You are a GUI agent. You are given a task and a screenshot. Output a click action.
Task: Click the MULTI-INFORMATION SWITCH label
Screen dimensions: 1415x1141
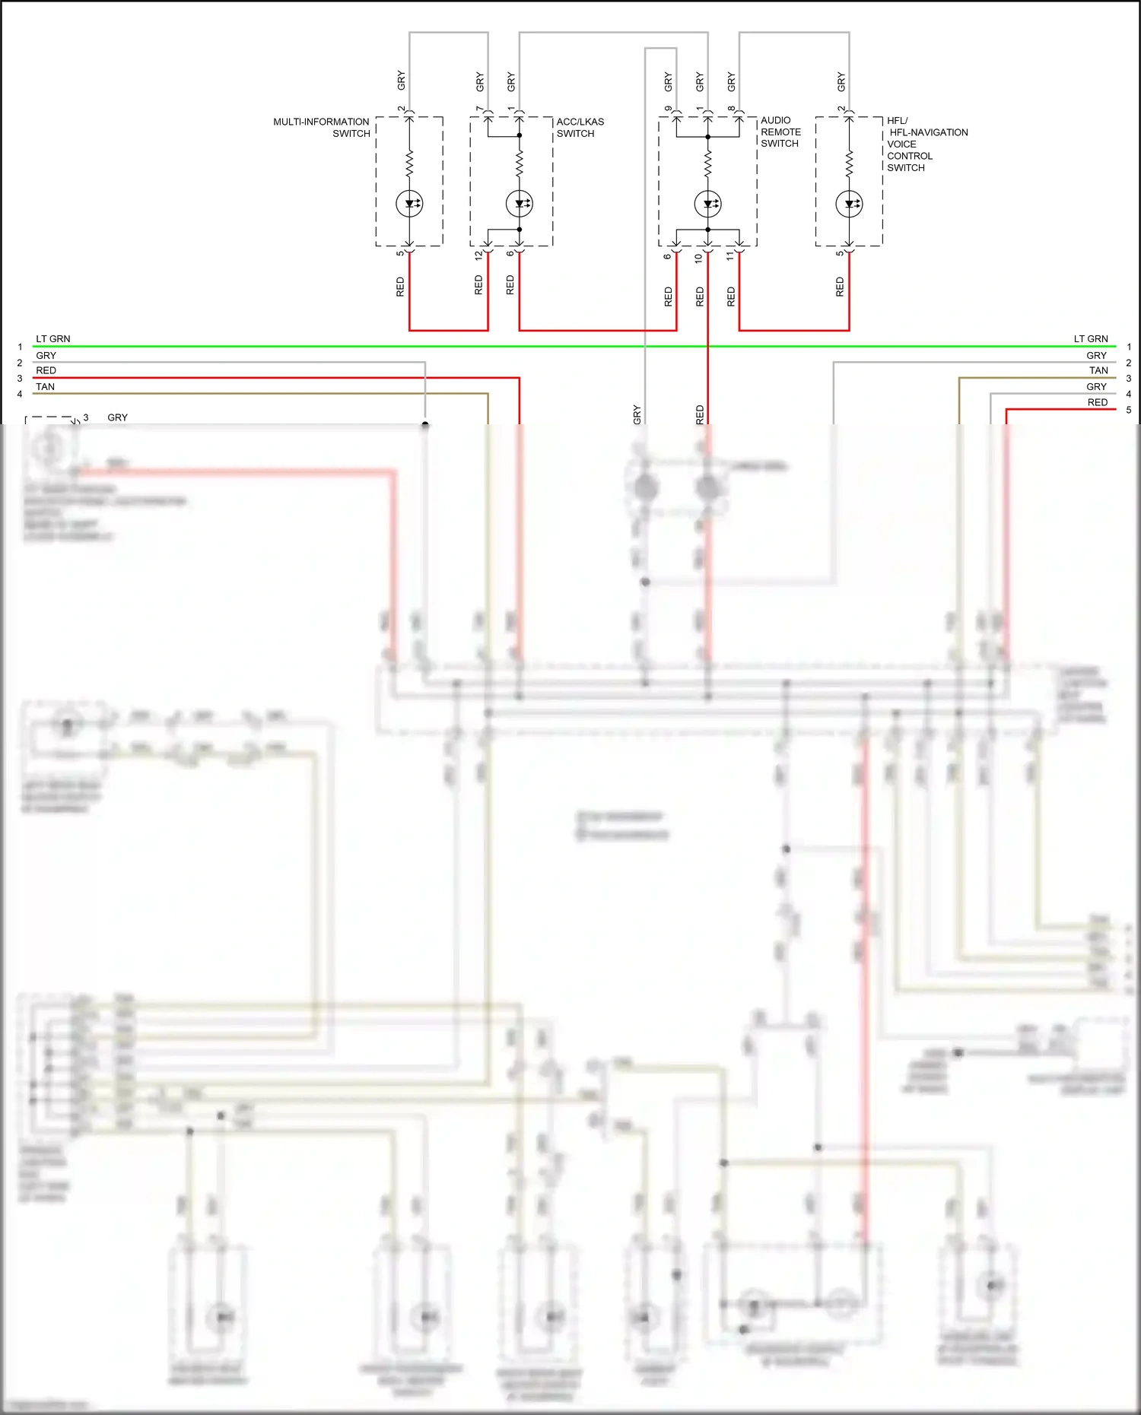point(321,127)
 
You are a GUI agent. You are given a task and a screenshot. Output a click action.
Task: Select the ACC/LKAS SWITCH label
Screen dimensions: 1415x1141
point(580,127)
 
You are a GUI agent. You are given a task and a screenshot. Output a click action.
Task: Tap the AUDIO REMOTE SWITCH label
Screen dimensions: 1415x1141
point(780,132)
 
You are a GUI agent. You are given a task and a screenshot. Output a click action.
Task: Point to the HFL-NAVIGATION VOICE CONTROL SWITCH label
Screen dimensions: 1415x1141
point(926,144)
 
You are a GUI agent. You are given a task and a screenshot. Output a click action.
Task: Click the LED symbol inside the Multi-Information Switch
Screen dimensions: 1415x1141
point(409,204)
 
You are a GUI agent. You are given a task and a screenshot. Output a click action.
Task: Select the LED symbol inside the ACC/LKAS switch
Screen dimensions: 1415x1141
point(520,204)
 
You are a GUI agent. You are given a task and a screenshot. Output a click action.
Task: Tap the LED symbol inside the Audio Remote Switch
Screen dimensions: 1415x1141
point(707,204)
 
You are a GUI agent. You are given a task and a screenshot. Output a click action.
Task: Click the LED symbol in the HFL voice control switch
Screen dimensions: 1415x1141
point(849,204)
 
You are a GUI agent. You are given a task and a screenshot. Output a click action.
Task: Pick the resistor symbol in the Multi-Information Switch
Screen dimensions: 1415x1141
point(409,161)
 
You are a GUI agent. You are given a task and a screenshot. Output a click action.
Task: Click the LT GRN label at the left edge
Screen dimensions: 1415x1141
point(53,339)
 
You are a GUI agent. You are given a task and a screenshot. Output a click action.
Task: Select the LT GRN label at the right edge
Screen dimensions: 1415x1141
point(1090,339)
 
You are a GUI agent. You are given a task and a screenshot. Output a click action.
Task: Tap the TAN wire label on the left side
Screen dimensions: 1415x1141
point(46,386)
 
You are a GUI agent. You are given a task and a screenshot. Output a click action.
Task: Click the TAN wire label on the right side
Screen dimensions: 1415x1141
point(1098,370)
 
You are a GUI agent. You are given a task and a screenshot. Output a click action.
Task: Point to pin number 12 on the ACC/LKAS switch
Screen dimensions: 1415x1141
point(478,256)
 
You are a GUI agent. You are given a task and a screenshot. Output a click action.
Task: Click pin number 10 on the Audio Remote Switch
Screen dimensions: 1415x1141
point(698,258)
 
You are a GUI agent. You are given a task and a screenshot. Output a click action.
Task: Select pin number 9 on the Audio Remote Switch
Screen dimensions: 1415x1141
point(668,109)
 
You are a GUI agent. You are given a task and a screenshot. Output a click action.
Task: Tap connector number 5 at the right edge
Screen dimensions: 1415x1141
point(1129,410)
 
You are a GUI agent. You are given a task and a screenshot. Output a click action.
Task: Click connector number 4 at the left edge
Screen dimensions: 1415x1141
point(20,394)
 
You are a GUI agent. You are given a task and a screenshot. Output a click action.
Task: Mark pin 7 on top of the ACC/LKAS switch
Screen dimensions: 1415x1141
point(479,109)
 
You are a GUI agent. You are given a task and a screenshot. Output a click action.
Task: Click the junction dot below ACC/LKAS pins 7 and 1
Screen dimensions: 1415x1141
point(520,135)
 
